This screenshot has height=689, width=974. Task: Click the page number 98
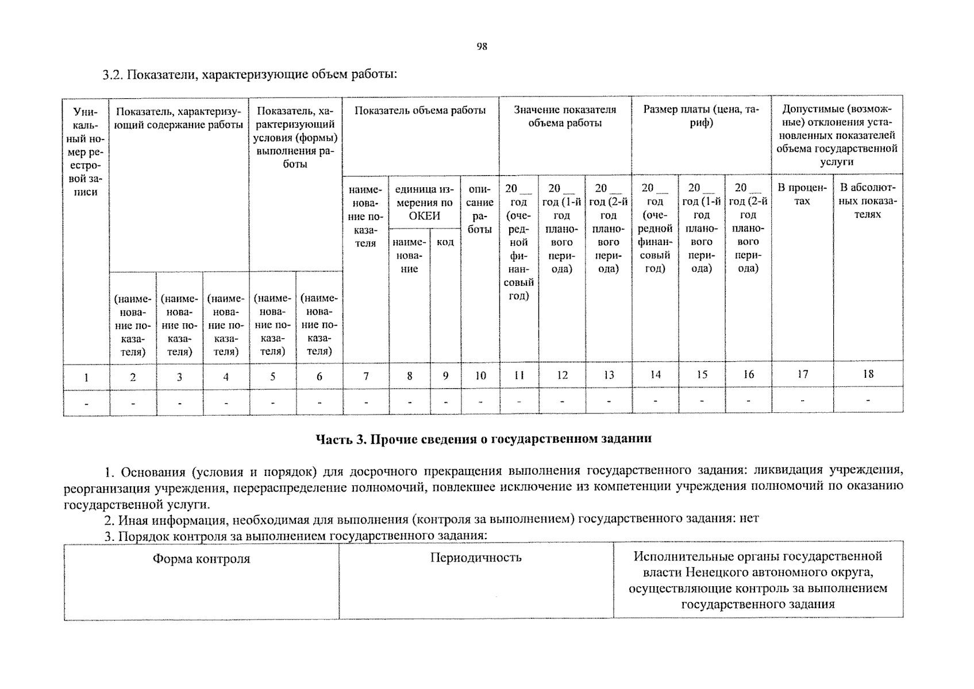482,47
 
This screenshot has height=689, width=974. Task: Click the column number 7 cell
366,376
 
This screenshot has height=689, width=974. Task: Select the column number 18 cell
868,374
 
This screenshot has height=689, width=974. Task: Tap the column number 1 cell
86,377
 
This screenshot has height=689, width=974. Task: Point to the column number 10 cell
480,376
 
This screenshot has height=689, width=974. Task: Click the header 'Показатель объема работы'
420,111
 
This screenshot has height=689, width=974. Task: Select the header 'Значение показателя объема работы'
565,116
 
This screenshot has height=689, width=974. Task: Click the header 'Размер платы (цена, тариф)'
700,116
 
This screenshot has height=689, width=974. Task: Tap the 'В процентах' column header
802,194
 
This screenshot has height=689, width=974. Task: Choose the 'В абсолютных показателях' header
868,200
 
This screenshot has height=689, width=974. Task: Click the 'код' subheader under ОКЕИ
445,242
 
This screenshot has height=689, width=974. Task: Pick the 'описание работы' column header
480,208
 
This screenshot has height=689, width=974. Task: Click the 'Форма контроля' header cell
201,559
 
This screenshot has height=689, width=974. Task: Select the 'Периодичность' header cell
476,558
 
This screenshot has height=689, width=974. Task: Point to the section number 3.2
113,75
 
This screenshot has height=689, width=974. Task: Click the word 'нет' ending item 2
749,519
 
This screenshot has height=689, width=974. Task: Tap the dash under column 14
655,401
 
